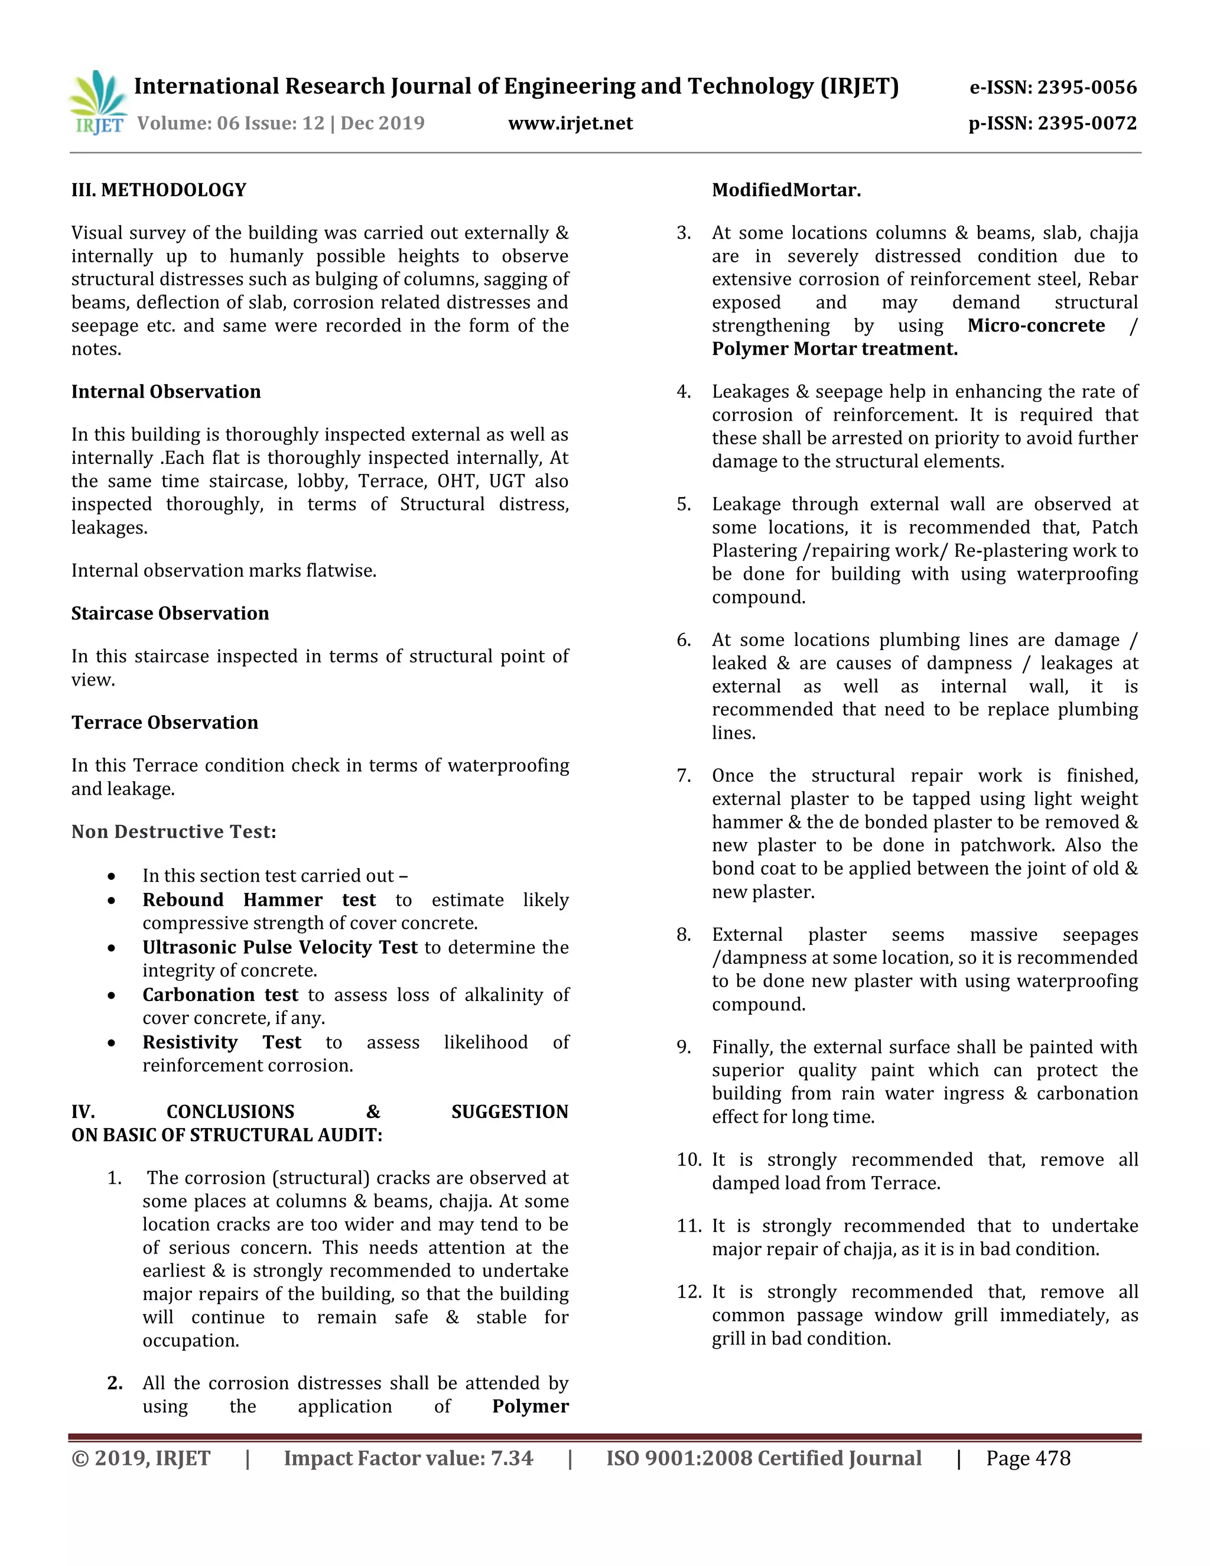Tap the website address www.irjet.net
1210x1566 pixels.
(x=570, y=124)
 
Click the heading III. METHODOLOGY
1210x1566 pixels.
(x=158, y=190)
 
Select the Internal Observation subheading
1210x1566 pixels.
(x=165, y=391)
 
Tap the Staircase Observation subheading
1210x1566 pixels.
(x=170, y=613)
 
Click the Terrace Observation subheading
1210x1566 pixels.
(x=164, y=722)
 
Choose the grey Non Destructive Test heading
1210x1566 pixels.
(x=174, y=832)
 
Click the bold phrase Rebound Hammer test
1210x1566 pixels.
(x=259, y=900)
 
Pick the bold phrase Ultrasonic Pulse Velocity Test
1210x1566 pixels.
(x=279, y=947)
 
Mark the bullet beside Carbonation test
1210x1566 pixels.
(x=111, y=996)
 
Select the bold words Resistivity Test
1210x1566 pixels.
(x=222, y=1042)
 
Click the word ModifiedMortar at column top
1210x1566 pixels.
(x=786, y=190)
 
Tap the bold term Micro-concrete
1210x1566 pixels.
(x=1036, y=326)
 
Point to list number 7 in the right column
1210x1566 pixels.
(x=683, y=776)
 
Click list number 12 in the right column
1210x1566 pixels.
(x=688, y=1292)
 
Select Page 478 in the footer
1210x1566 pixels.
(x=1027, y=1458)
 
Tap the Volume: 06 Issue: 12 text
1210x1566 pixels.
(x=231, y=124)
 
